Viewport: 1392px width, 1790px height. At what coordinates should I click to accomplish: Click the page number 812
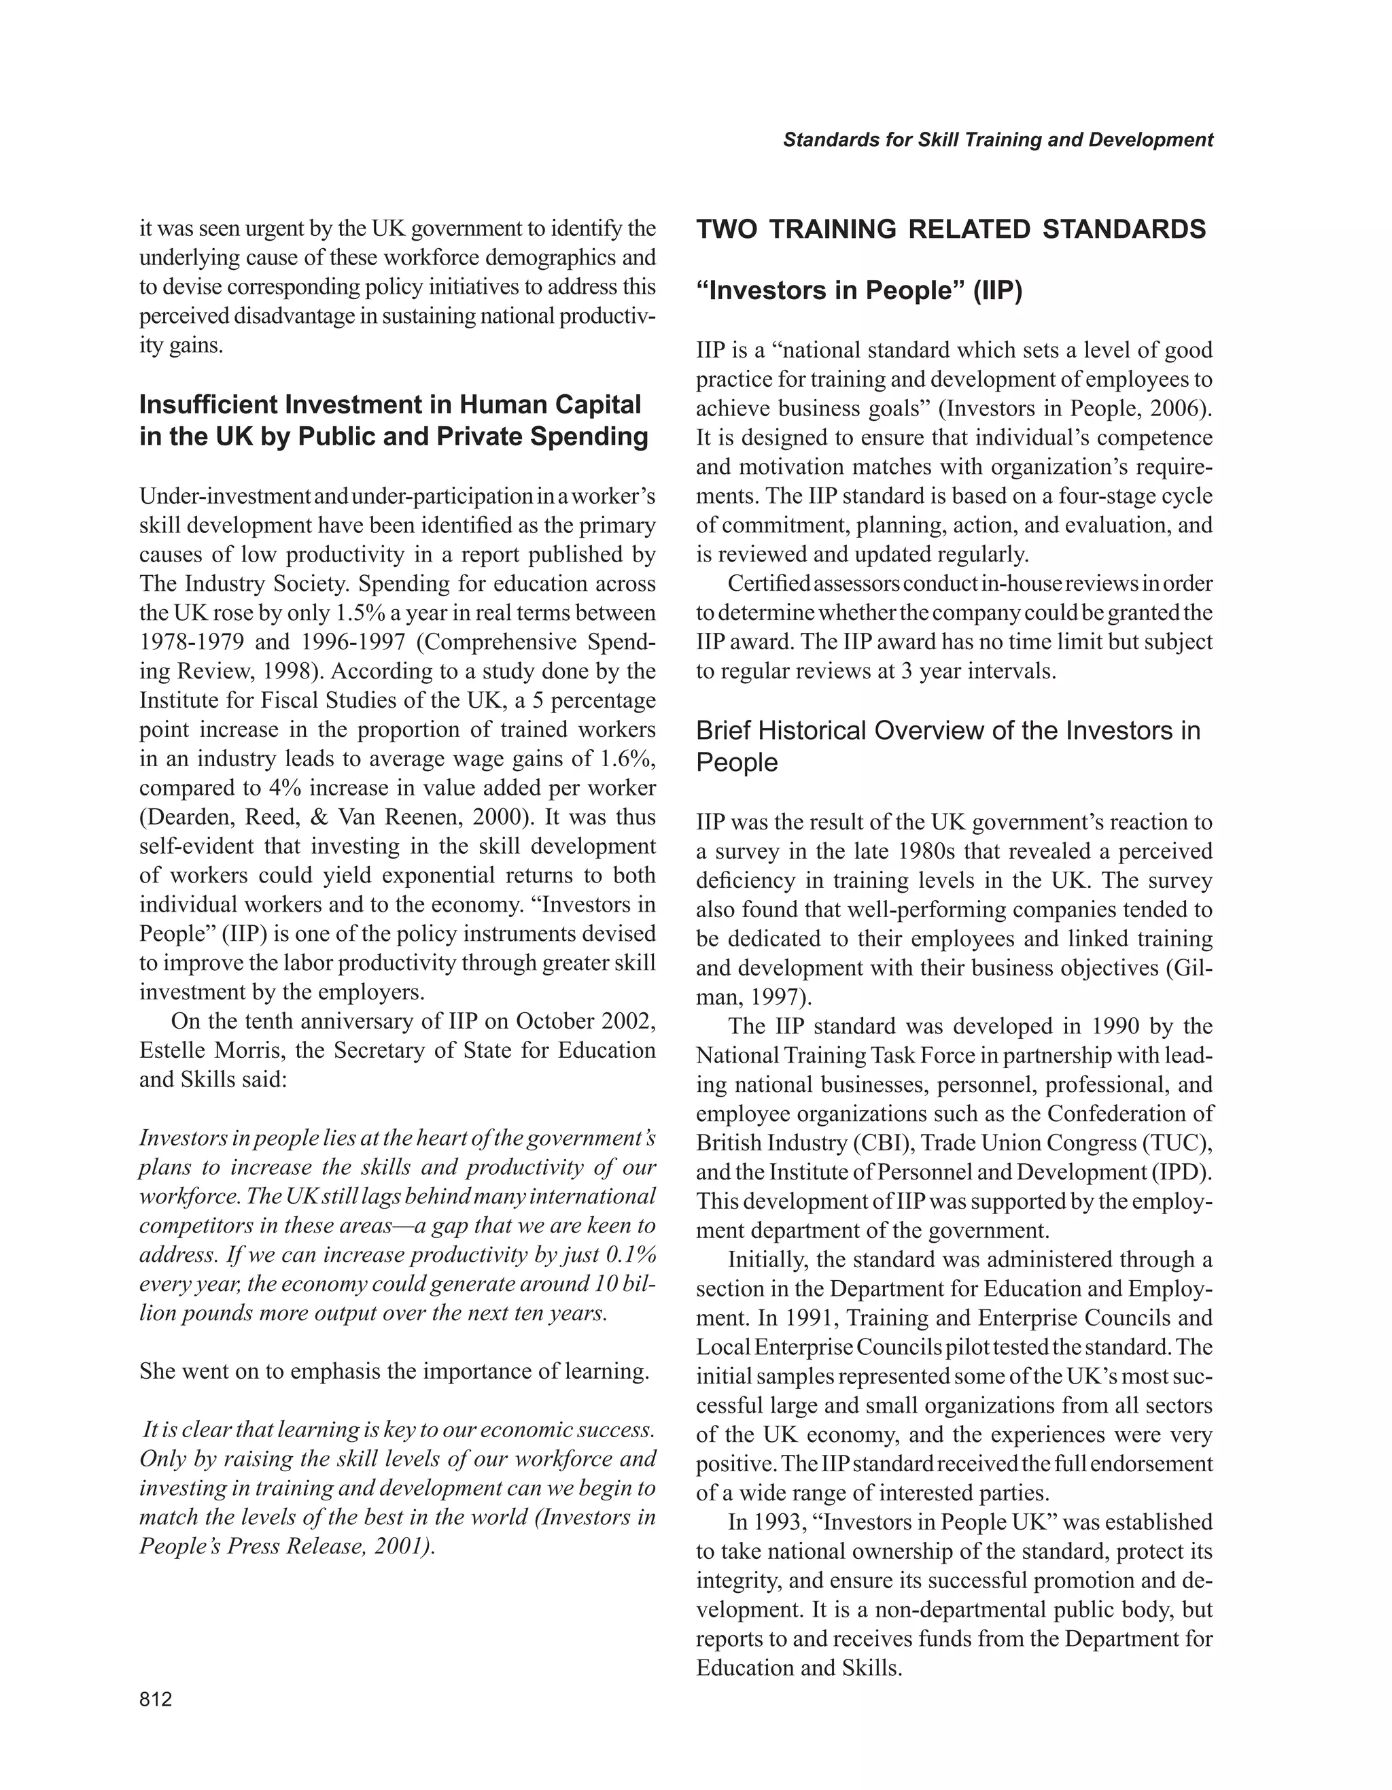[156, 1699]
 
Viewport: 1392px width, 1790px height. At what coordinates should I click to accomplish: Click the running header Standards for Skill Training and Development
[997, 140]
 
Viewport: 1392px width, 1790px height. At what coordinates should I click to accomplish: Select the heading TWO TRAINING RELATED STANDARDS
[950, 230]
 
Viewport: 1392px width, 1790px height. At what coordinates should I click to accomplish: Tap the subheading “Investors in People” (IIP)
[858, 291]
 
